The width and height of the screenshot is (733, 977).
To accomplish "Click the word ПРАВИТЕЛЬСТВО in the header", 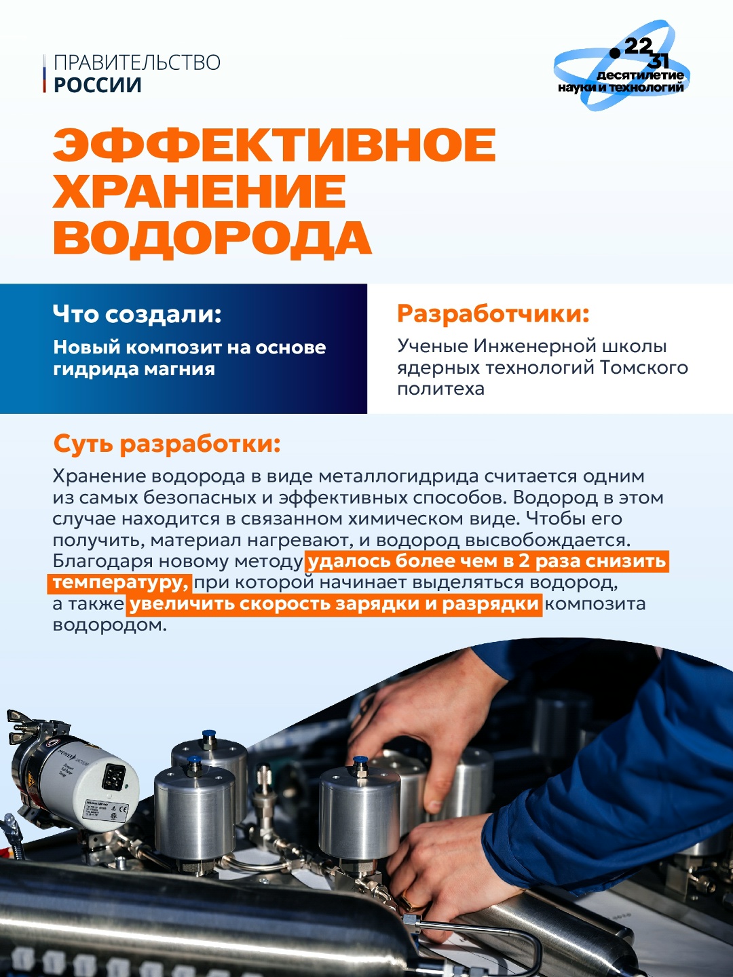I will click(x=136, y=62).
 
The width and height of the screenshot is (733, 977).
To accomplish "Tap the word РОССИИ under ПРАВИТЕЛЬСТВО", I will click(x=98, y=85).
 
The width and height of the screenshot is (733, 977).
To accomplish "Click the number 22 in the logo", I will click(x=637, y=46).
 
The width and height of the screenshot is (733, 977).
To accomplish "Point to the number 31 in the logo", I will click(x=658, y=60).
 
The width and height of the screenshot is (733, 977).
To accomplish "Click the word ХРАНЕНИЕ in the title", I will click(x=200, y=191).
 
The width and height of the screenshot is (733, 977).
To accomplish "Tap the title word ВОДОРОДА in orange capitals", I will click(x=212, y=238).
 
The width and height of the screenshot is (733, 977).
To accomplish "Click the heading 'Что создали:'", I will click(x=137, y=314).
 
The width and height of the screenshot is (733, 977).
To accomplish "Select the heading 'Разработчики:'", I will click(x=493, y=314).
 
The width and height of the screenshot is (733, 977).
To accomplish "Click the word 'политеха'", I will click(x=440, y=389).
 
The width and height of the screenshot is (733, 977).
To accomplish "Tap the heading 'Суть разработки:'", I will click(x=166, y=444).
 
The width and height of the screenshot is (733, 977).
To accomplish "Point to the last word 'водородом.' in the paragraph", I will click(x=109, y=625).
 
